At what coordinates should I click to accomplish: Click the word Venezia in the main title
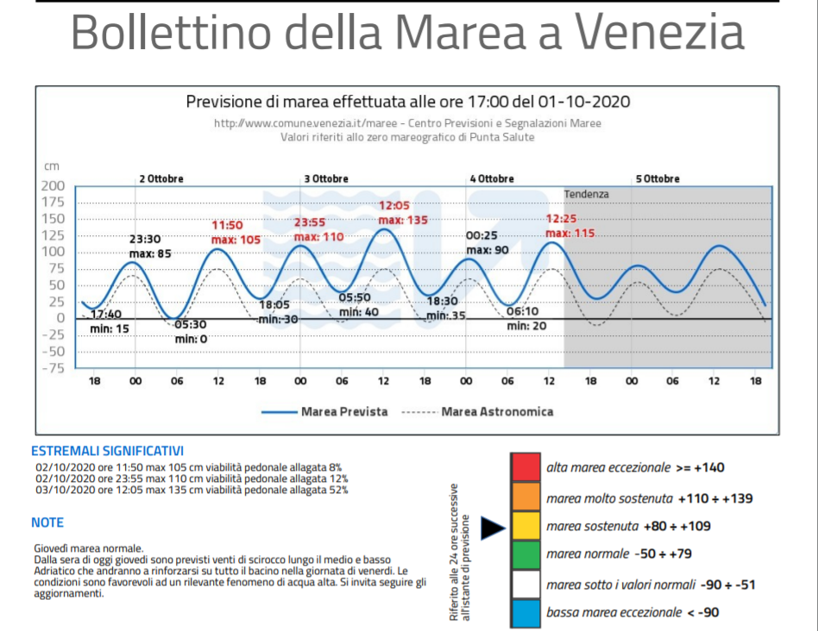(659, 33)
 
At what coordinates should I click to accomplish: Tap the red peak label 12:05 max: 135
(403, 213)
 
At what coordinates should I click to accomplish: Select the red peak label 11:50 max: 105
(236, 232)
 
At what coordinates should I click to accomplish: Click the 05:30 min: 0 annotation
(191, 332)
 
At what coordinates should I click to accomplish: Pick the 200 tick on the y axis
(53, 186)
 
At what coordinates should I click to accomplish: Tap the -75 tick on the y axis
(53, 367)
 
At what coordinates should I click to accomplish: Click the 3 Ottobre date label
(326, 178)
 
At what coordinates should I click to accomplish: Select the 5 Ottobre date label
(658, 178)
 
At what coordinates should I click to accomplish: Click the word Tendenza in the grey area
(586, 194)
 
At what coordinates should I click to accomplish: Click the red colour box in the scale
(525, 467)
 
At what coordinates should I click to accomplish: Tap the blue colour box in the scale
(525, 613)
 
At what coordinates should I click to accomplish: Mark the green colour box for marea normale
(525, 554)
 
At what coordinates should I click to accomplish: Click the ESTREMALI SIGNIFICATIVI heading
(107, 451)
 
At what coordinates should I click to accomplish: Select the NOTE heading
(47, 522)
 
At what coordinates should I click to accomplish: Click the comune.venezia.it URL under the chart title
(407, 123)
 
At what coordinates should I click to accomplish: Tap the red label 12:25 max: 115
(569, 226)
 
